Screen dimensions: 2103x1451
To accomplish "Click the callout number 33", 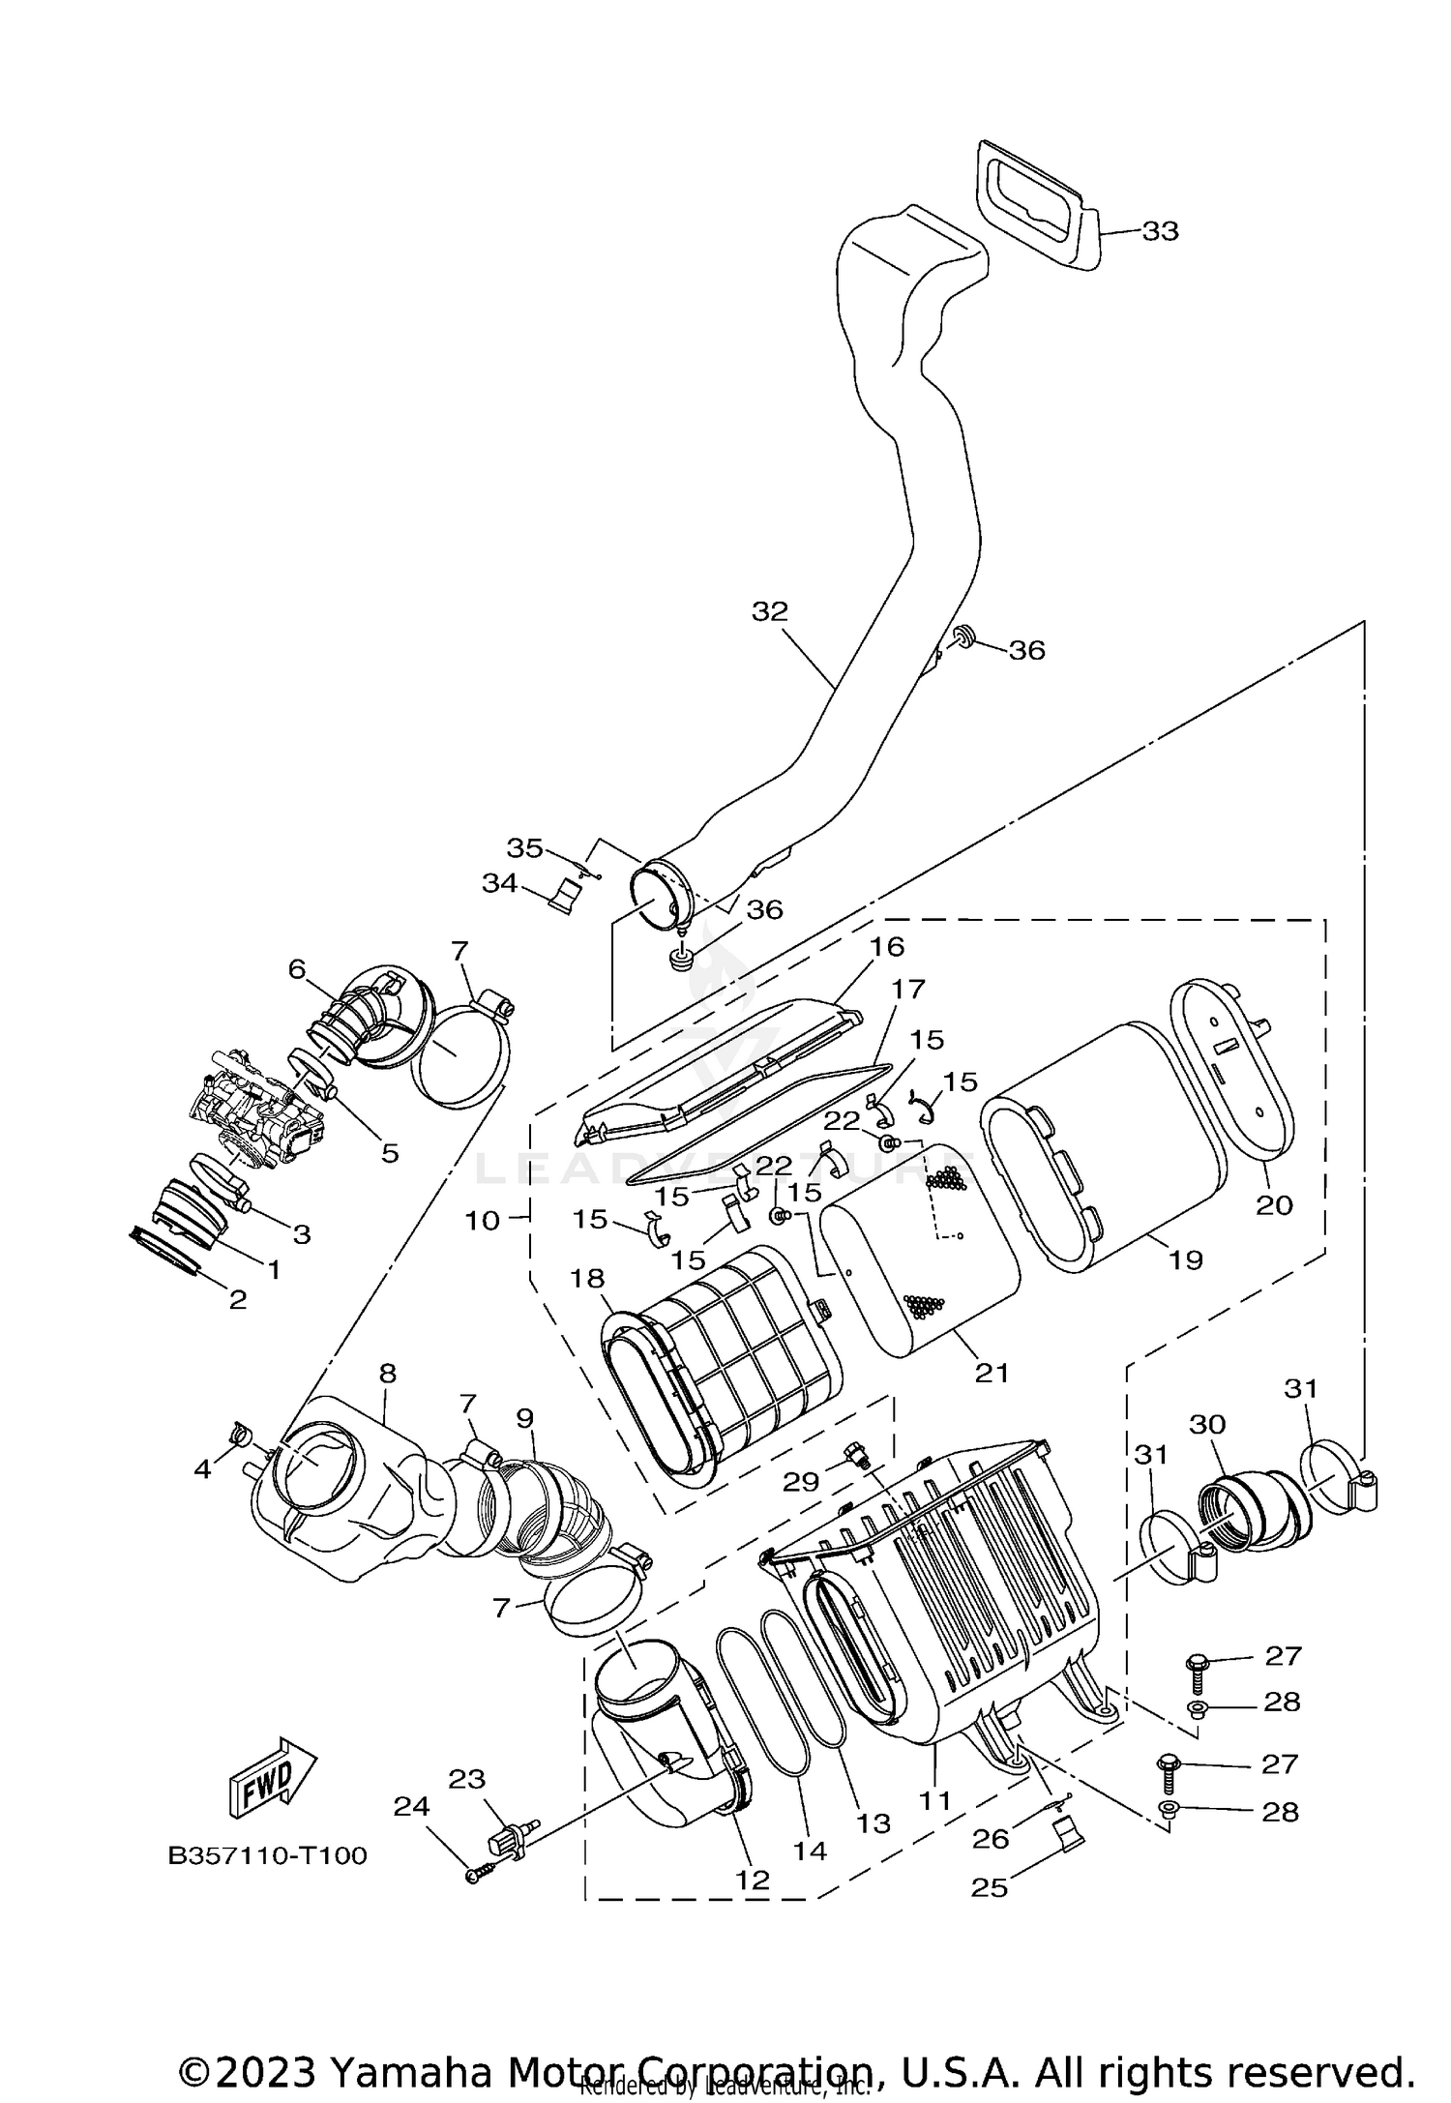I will pyautogui.click(x=1160, y=231).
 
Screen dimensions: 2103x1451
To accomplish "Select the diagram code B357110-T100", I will pyautogui.click(x=268, y=1856).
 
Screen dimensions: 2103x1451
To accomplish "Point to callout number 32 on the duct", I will pyautogui.click(x=770, y=611).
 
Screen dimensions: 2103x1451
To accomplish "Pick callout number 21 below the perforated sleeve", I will pyautogui.click(x=992, y=1372).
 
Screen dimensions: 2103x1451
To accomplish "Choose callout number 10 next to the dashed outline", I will pyautogui.click(x=483, y=1221).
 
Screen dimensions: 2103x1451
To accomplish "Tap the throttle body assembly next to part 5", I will pyautogui.click(x=256, y=1109).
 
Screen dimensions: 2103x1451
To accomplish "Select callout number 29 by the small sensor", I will pyautogui.click(x=801, y=1481).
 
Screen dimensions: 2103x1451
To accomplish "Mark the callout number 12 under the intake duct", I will pyautogui.click(x=753, y=1880).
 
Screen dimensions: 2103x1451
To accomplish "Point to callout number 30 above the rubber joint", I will pyautogui.click(x=1207, y=1424).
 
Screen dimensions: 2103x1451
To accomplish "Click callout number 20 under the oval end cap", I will pyautogui.click(x=1274, y=1205).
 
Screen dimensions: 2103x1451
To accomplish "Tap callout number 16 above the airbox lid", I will pyautogui.click(x=887, y=946).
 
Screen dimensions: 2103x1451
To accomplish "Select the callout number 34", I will pyautogui.click(x=500, y=883).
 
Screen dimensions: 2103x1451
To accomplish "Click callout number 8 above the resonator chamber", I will pyautogui.click(x=387, y=1373).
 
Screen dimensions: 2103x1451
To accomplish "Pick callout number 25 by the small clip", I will pyautogui.click(x=990, y=1887).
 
